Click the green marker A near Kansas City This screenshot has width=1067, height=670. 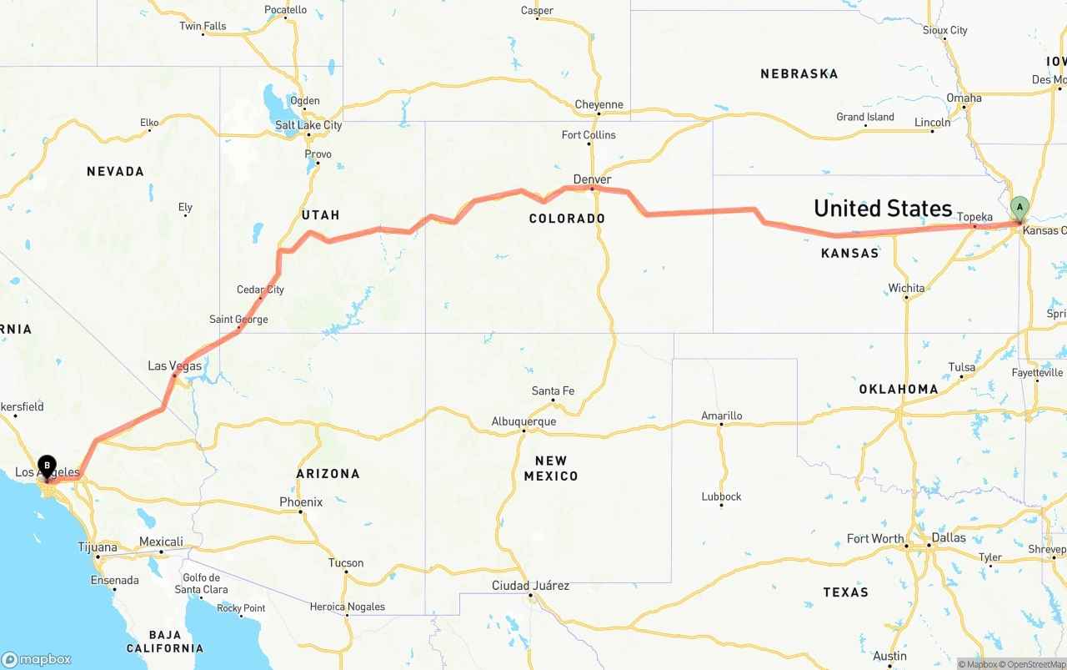point(1019,207)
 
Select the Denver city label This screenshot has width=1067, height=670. point(592,179)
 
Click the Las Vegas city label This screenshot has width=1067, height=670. point(174,365)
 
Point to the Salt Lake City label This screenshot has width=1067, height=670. point(308,125)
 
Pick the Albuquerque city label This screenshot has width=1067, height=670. point(523,421)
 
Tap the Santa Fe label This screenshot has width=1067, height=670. point(553,390)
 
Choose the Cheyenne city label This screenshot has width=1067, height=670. point(599,104)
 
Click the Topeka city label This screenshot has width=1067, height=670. point(974,217)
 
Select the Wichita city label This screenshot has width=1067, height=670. point(906,288)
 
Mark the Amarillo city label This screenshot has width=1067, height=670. point(721,416)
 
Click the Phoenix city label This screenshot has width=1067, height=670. point(301,501)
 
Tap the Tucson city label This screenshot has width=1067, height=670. point(346,562)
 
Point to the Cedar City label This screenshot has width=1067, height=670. point(260,290)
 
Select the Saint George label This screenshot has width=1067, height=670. point(238,319)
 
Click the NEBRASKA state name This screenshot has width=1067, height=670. point(799,73)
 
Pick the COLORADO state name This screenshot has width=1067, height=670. point(567,219)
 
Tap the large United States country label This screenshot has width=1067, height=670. point(883,208)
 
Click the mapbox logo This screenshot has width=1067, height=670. point(37,659)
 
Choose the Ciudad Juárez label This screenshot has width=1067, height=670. point(530,586)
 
